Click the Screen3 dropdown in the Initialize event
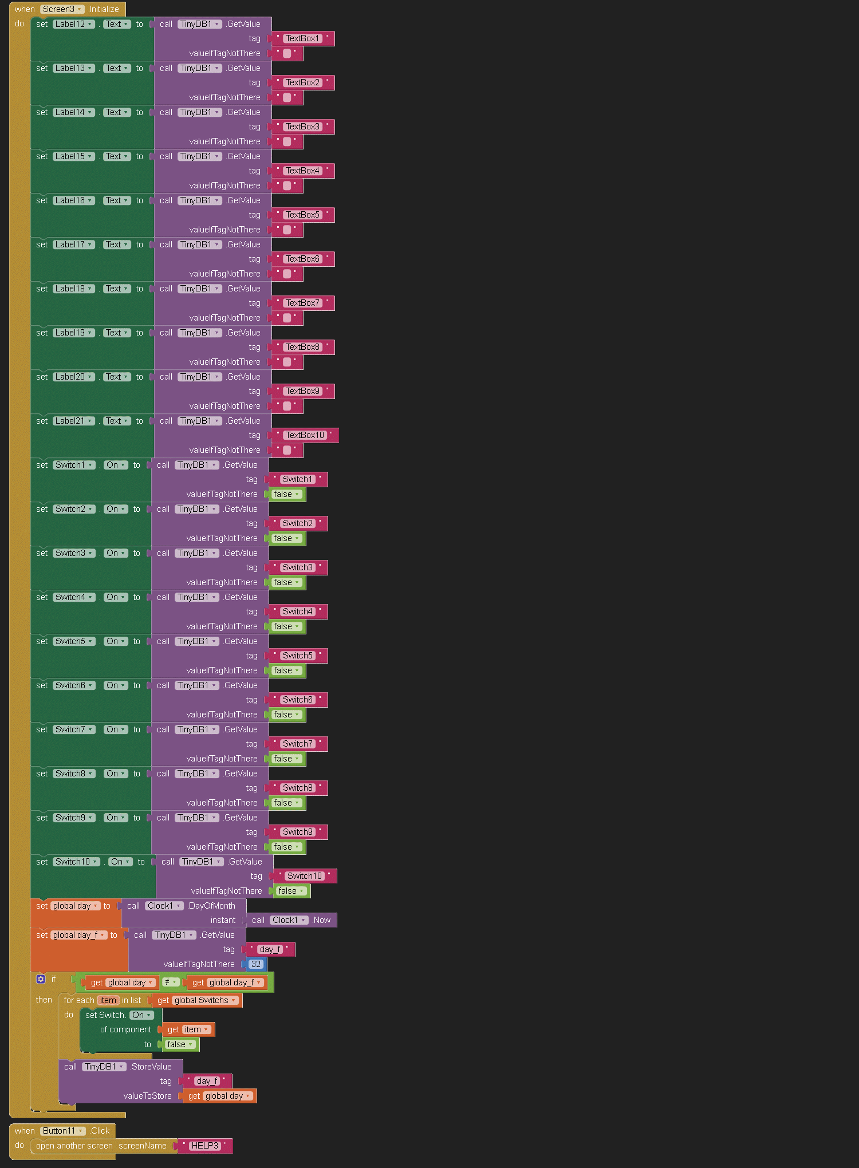(62, 9)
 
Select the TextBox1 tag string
(302, 38)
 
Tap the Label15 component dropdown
(74, 156)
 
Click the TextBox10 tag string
(305, 435)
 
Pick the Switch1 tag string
(297, 479)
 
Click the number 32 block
(256, 964)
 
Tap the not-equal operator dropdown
(171, 982)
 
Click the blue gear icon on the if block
(41, 979)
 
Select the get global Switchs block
(197, 1000)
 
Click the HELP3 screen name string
(204, 1146)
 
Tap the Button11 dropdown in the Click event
(63, 1131)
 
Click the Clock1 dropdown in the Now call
(289, 920)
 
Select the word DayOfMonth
(212, 906)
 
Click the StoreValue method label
(151, 1067)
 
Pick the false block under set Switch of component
(180, 1044)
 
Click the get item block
(188, 1029)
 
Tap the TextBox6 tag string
(302, 259)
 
